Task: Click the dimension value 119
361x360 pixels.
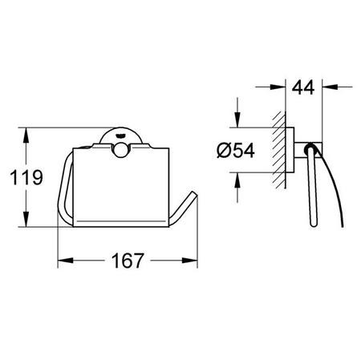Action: coord(26,177)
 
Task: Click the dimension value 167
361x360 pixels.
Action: coord(128,261)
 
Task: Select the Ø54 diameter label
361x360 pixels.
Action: coord(236,150)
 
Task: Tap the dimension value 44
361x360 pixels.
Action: coord(303,87)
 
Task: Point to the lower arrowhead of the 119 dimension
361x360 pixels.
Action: coord(26,219)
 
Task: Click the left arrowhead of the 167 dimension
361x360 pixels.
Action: coord(66,260)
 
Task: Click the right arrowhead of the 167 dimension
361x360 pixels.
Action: coord(189,260)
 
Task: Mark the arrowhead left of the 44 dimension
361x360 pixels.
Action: coord(278,87)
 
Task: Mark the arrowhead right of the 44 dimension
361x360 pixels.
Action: coord(330,87)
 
